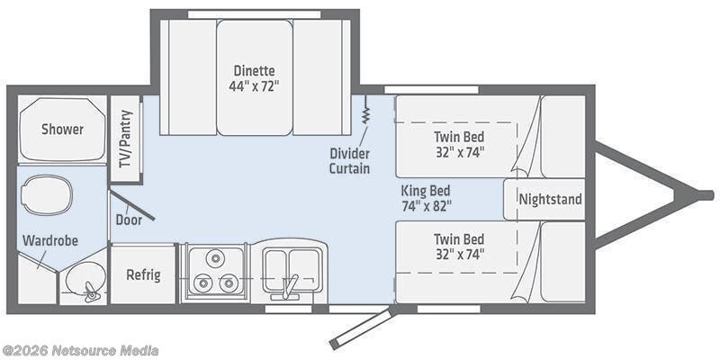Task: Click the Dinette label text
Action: (254, 70)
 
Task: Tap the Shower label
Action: (62, 129)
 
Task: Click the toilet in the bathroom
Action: (48, 193)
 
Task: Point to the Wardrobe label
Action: (50, 240)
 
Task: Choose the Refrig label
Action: (143, 274)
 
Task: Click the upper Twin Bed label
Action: (459, 136)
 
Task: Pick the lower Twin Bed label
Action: (459, 238)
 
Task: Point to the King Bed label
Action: (426, 191)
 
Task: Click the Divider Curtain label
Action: (348, 160)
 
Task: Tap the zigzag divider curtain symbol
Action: (366, 116)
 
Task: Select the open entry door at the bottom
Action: (361, 327)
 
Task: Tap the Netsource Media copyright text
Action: (80, 350)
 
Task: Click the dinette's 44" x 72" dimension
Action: (254, 86)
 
